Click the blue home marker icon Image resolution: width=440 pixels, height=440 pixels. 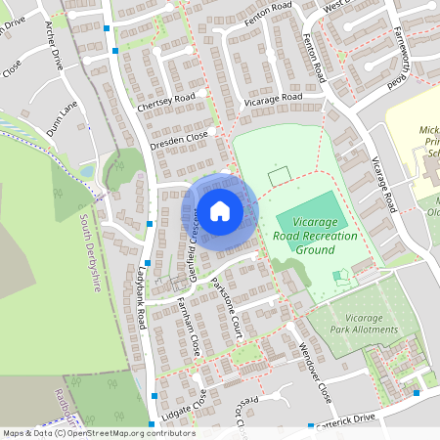[220, 210]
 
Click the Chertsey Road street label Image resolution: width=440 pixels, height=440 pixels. [166, 101]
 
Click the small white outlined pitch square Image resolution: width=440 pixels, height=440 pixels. [280, 177]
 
